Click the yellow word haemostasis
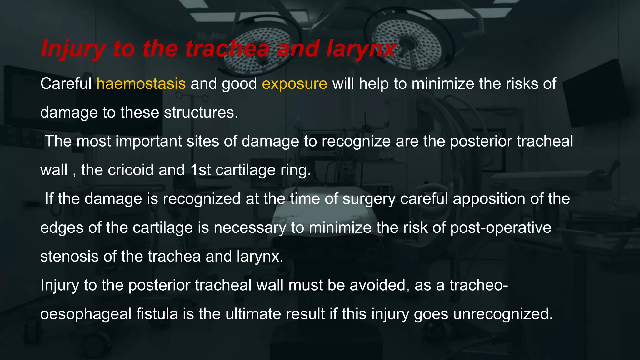click(x=141, y=84)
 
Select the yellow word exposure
click(x=294, y=84)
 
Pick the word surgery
click(x=369, y=199)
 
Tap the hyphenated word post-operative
click(x=501, y=227)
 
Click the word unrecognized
click(x=503, y=314)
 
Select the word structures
click(x=201, y=112)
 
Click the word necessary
click(x=250, y=227)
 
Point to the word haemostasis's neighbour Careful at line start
click(x=66, y=84)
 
